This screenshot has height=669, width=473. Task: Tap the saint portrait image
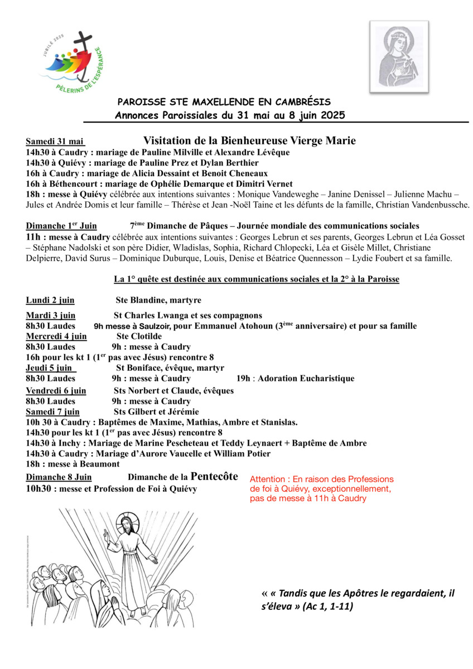pos(399,57)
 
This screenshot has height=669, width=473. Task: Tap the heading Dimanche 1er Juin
pos(61,226)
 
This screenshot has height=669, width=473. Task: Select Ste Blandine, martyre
pos(158,300)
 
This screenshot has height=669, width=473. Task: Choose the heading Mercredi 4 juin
pos(56,336)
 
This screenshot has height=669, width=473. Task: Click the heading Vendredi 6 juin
pos(56,391)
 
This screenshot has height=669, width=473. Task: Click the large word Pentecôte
pos(214,476)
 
